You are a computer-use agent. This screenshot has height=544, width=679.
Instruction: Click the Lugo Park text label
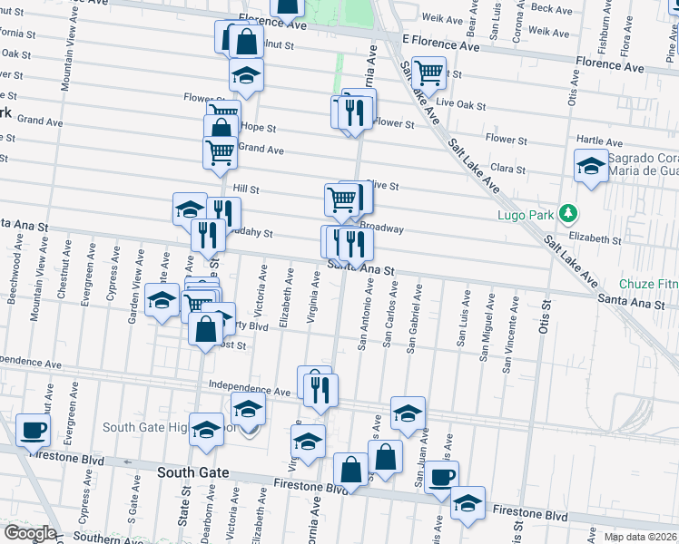[524, 215]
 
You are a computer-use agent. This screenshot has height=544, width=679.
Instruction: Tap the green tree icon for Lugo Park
[569, 214]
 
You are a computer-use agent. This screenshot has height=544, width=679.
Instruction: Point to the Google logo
[29, 532]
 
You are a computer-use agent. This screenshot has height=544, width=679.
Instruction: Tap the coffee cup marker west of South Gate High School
[34, 430]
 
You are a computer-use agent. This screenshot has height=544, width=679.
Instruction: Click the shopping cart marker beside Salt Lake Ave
[428, 73]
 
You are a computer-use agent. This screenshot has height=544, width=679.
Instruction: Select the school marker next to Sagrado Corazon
[591, 166]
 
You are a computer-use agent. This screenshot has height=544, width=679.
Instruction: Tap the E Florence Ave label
[440, 43]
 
